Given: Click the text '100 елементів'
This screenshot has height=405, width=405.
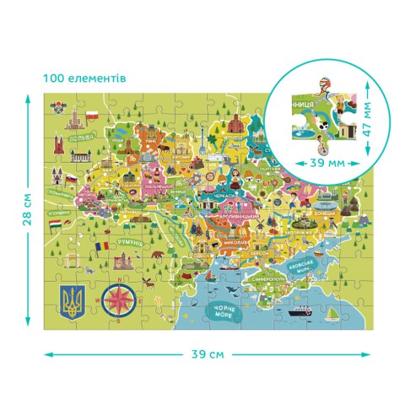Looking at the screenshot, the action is point(84,78).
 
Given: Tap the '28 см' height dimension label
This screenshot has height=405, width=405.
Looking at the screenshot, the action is point(26,208).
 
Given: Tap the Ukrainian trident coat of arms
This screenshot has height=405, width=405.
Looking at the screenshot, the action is point(73,300).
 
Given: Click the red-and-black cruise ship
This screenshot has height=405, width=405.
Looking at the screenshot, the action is point(301,310).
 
